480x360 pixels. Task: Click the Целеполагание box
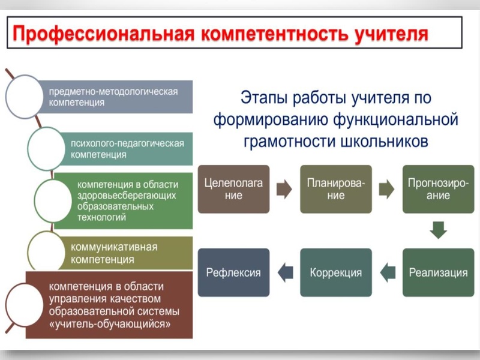click(x=233, y=189)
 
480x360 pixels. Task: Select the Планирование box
click(x=336, y=189)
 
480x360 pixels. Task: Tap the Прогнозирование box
click(x=438, y=189)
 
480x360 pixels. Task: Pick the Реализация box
click(x=438, y=272)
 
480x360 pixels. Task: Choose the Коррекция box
click(x=336, y=272)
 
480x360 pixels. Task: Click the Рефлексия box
click(x=233, y=272)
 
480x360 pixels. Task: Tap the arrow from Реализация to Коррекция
click(x=388, y=272)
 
